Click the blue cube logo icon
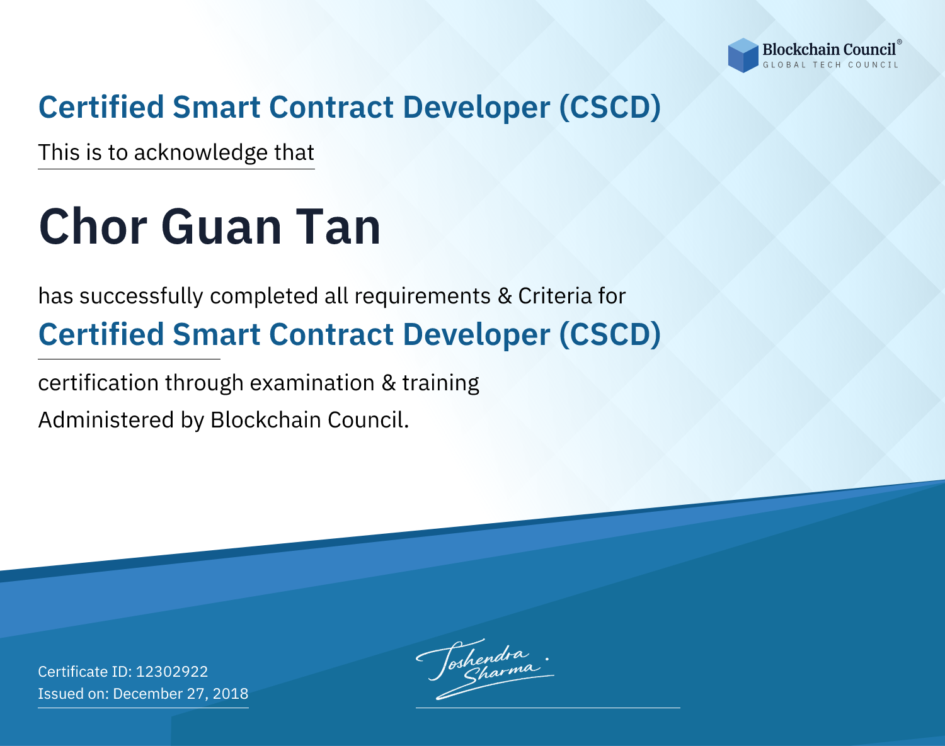coord(743,55)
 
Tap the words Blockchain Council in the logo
coord(829,50)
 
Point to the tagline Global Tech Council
coord(831,65)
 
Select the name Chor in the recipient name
coord(93,227)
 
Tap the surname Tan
coord(338,227)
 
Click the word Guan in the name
coord(221,227)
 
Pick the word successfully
coord(141,297)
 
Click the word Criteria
coord(554,296)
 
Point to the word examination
coord(312,383)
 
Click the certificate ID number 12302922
coord(172,672)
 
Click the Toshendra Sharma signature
coord(485,669)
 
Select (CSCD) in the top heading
coord(610,108)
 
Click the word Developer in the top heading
coord(476,108)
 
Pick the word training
coord(441,383)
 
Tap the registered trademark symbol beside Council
coord(899,42)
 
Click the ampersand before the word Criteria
coord(505,297)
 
